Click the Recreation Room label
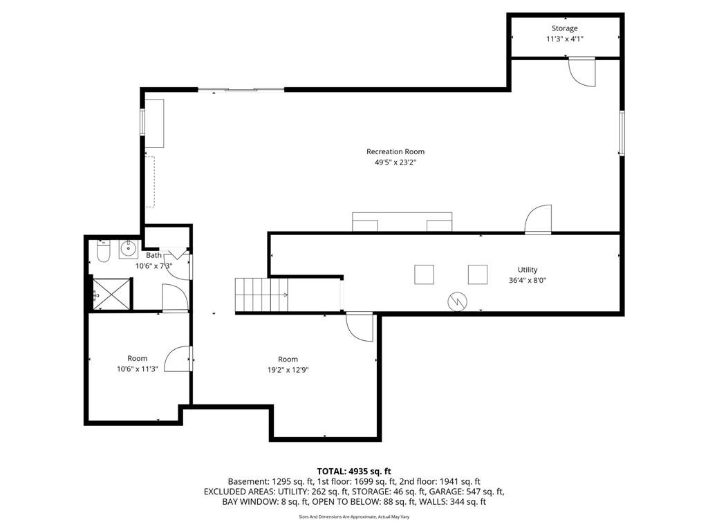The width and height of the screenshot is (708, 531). [x=395, y=151]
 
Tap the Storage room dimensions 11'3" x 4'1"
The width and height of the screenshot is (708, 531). [x=564, y=39]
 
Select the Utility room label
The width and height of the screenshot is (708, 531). [x=528, y=270]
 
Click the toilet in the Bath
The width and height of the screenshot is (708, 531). [x=104, y=252]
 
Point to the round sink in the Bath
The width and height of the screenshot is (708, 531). [x=129, y=249]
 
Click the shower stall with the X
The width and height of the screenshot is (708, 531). [x=111, y=294]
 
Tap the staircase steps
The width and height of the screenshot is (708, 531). [x=261, y=295]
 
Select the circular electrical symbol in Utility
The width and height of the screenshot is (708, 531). [x=458, y=301]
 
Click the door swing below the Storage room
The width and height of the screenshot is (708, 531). [x=581, y=71]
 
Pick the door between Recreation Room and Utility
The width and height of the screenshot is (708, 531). [x=538, y=219]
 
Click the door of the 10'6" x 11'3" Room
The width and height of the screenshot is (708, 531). [x=178, y=359]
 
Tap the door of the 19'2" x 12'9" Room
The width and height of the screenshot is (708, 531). [x=360, y=327]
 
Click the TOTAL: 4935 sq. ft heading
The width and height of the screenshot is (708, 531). [x=354, y=472]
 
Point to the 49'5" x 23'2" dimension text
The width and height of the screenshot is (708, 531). [x=395, y=162]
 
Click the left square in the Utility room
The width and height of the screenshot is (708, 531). [x=424, y=274]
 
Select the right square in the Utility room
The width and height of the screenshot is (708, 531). [x=477, y=274]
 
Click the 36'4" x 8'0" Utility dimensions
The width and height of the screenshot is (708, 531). [x=528, y=281]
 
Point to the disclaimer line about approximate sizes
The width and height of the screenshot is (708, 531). [x=354, y=516]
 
